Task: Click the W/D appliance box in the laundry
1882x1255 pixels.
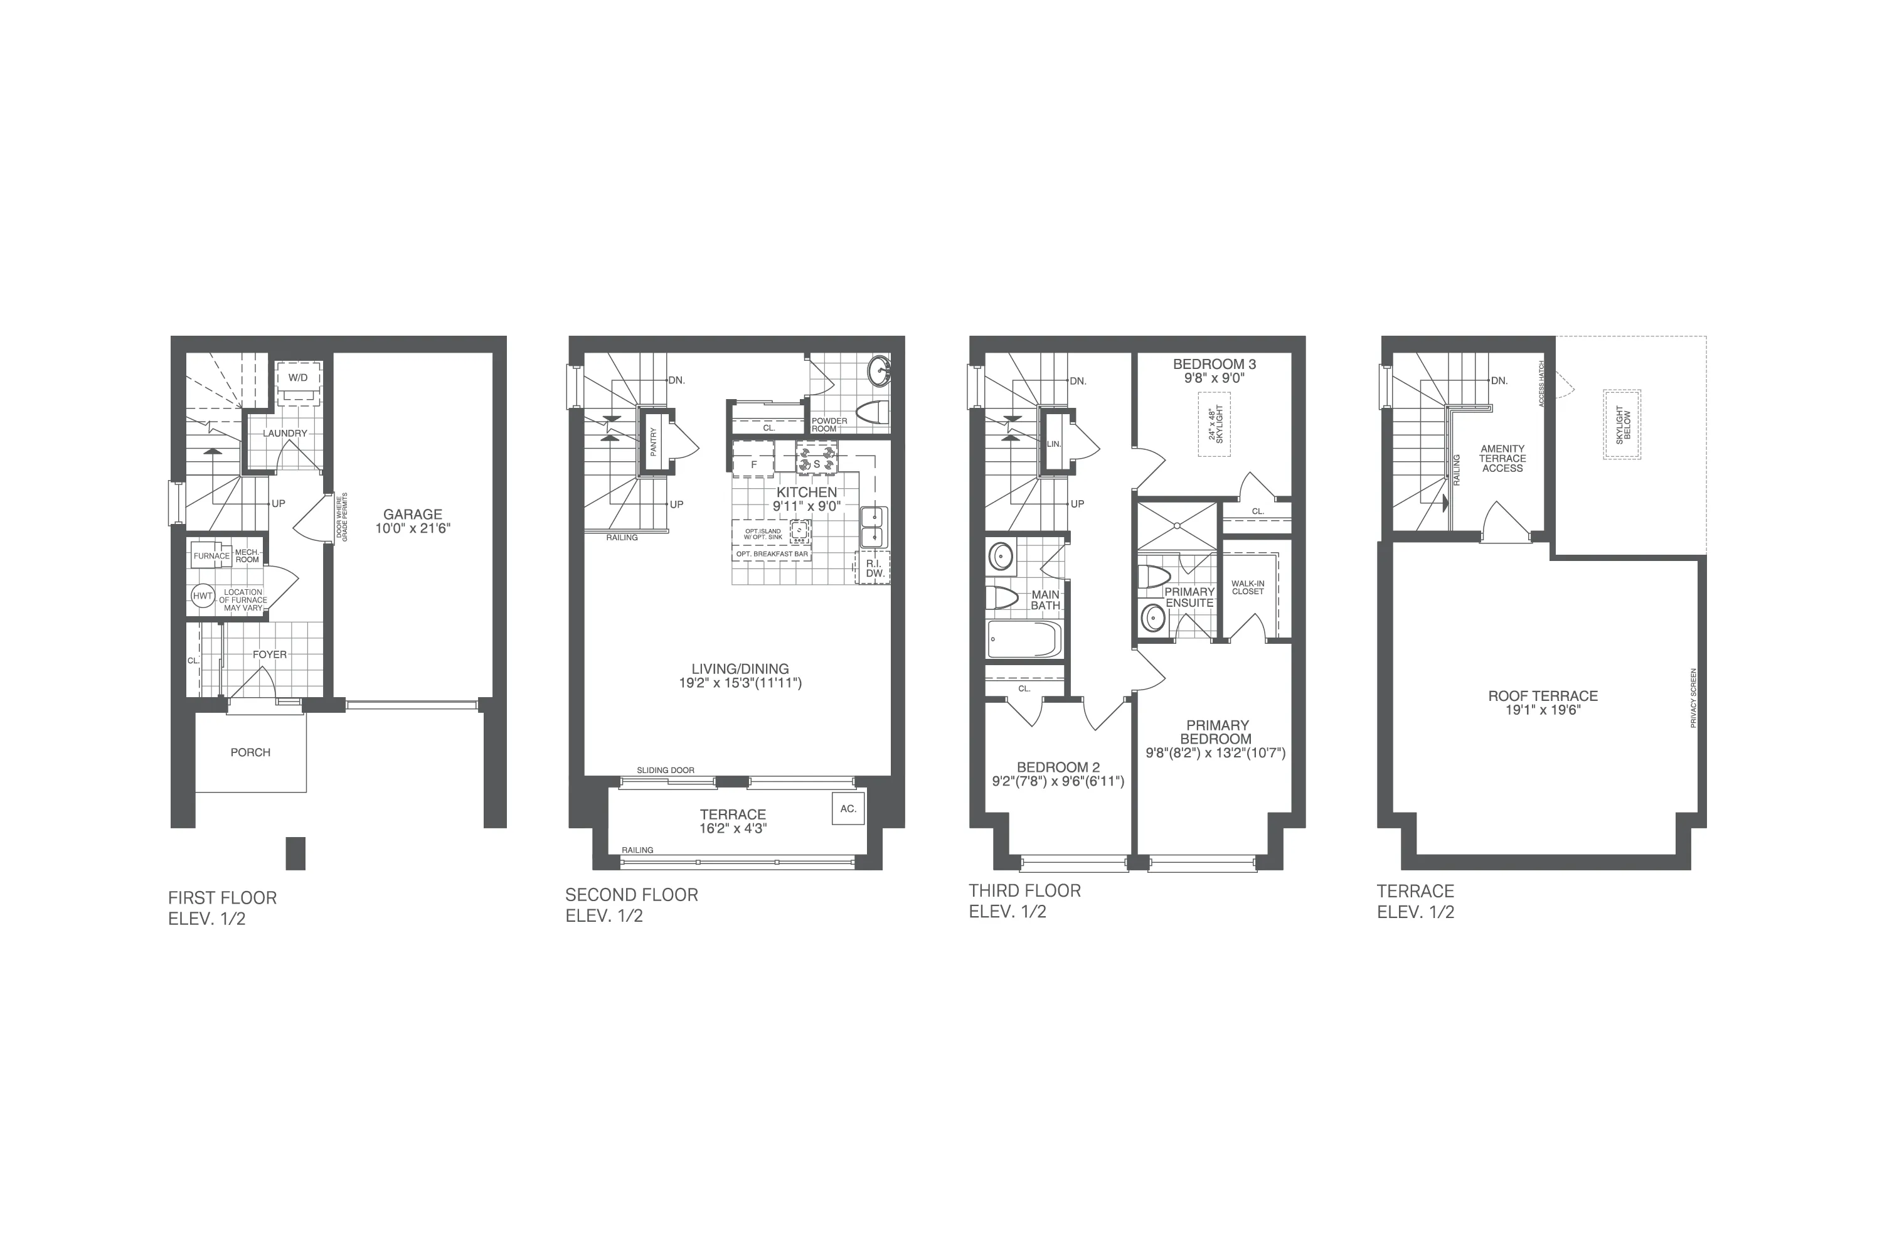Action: (x=299, y=377)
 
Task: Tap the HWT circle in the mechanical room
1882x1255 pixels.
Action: (x=203, y=595)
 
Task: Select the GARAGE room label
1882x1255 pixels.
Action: (x=413, y=515)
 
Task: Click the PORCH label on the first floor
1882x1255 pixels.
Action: (x=250, y=752)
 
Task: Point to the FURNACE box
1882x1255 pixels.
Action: (x=211, y=555)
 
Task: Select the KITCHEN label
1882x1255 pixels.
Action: (x=807, y=492)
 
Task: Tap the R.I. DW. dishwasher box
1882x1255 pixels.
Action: (x=874, y=567)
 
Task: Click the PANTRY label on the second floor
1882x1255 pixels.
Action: (x=654, y=441)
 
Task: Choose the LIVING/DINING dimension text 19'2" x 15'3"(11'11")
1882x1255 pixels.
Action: (x=740, y=683)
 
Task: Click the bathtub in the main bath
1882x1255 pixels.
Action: (x=1024, y=639)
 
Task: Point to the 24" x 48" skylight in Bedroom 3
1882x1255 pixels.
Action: (x=1215, y=424)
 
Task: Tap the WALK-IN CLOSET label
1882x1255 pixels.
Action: (x=1248, y=587)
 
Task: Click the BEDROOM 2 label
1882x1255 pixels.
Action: (x=1058, y=767)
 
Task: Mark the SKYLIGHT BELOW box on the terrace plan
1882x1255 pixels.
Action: (x=1622, y=424)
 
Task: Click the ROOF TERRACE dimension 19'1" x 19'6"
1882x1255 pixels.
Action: (x=1543, y=710)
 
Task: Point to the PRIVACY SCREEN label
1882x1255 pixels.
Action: (x=1693, y=698)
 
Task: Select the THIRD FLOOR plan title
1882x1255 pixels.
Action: (x=1024, y=891)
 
